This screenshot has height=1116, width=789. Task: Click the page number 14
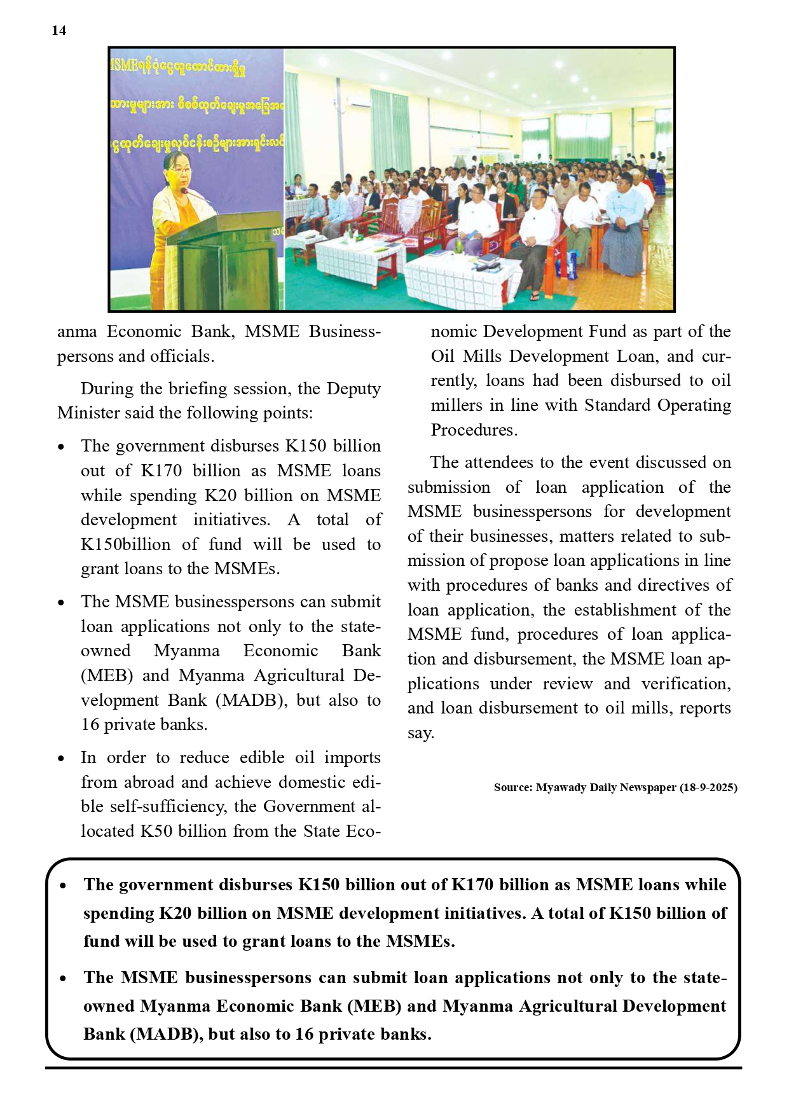[58, 31]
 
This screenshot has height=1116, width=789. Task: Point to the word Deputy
[353, 389]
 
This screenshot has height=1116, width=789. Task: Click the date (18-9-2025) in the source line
[708, 787]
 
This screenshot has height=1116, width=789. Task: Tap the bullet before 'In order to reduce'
[61, 758]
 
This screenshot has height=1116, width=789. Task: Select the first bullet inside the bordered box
[63, 885]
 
